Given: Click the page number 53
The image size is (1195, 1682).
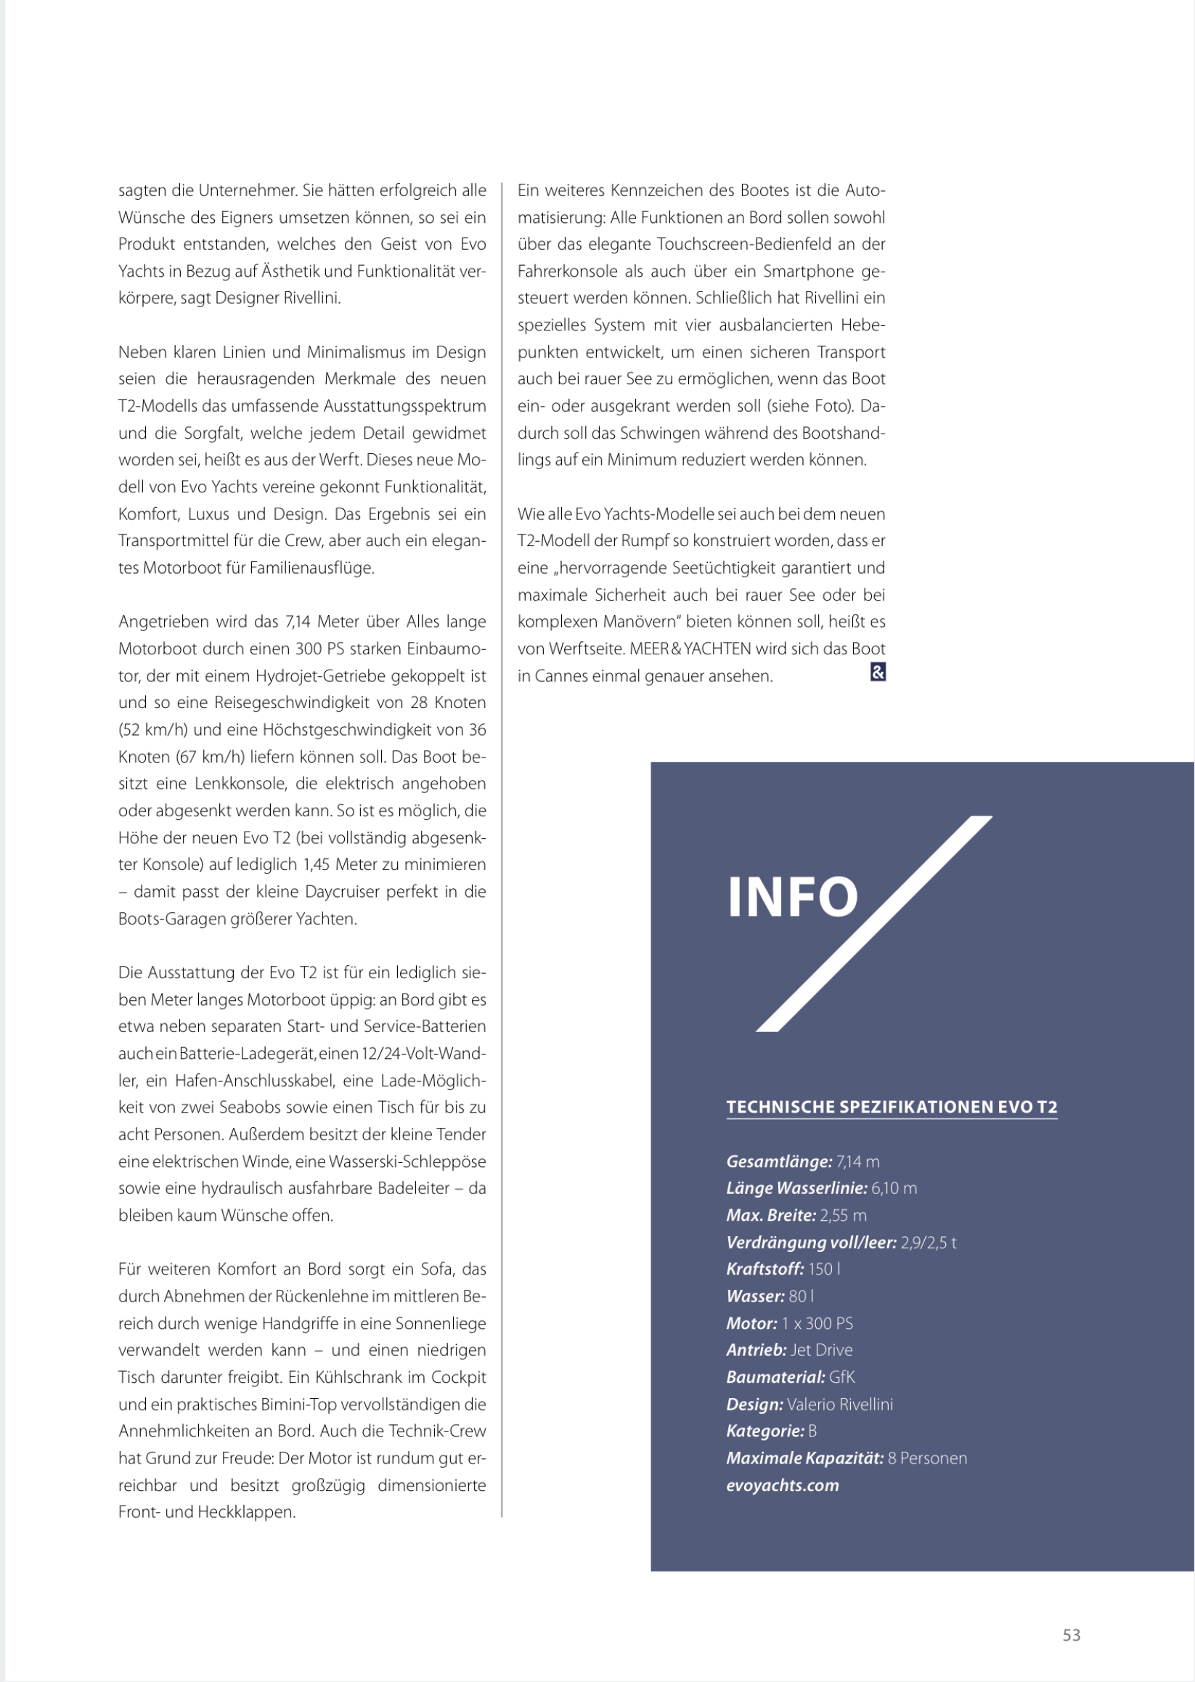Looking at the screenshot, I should click(1072, 1635).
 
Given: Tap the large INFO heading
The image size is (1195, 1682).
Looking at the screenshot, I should click(793, 898).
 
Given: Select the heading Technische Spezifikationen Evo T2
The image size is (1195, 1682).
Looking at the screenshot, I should click(891, 1107).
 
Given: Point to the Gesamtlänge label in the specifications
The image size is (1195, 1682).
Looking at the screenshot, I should click(778, 1161).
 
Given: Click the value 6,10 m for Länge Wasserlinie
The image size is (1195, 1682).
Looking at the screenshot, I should click(894, 1188).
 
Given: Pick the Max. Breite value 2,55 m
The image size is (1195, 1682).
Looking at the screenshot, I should click(844, 1215).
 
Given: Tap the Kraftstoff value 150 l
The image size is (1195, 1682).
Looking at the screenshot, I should click(824, 1269).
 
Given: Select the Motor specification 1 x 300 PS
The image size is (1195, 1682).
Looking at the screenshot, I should click(817, 1323).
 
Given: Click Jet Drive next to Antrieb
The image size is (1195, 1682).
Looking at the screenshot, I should click(821, 1350).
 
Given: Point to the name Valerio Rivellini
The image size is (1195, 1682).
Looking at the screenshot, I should click(839, 1405).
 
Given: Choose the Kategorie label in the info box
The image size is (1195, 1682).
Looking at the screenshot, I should click(764, 1431).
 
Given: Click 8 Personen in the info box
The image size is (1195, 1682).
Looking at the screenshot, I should click(927, 1458).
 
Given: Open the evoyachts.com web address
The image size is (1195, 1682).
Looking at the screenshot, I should click(782, 1485).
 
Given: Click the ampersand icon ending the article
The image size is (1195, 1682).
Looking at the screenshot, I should click(878, 672).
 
